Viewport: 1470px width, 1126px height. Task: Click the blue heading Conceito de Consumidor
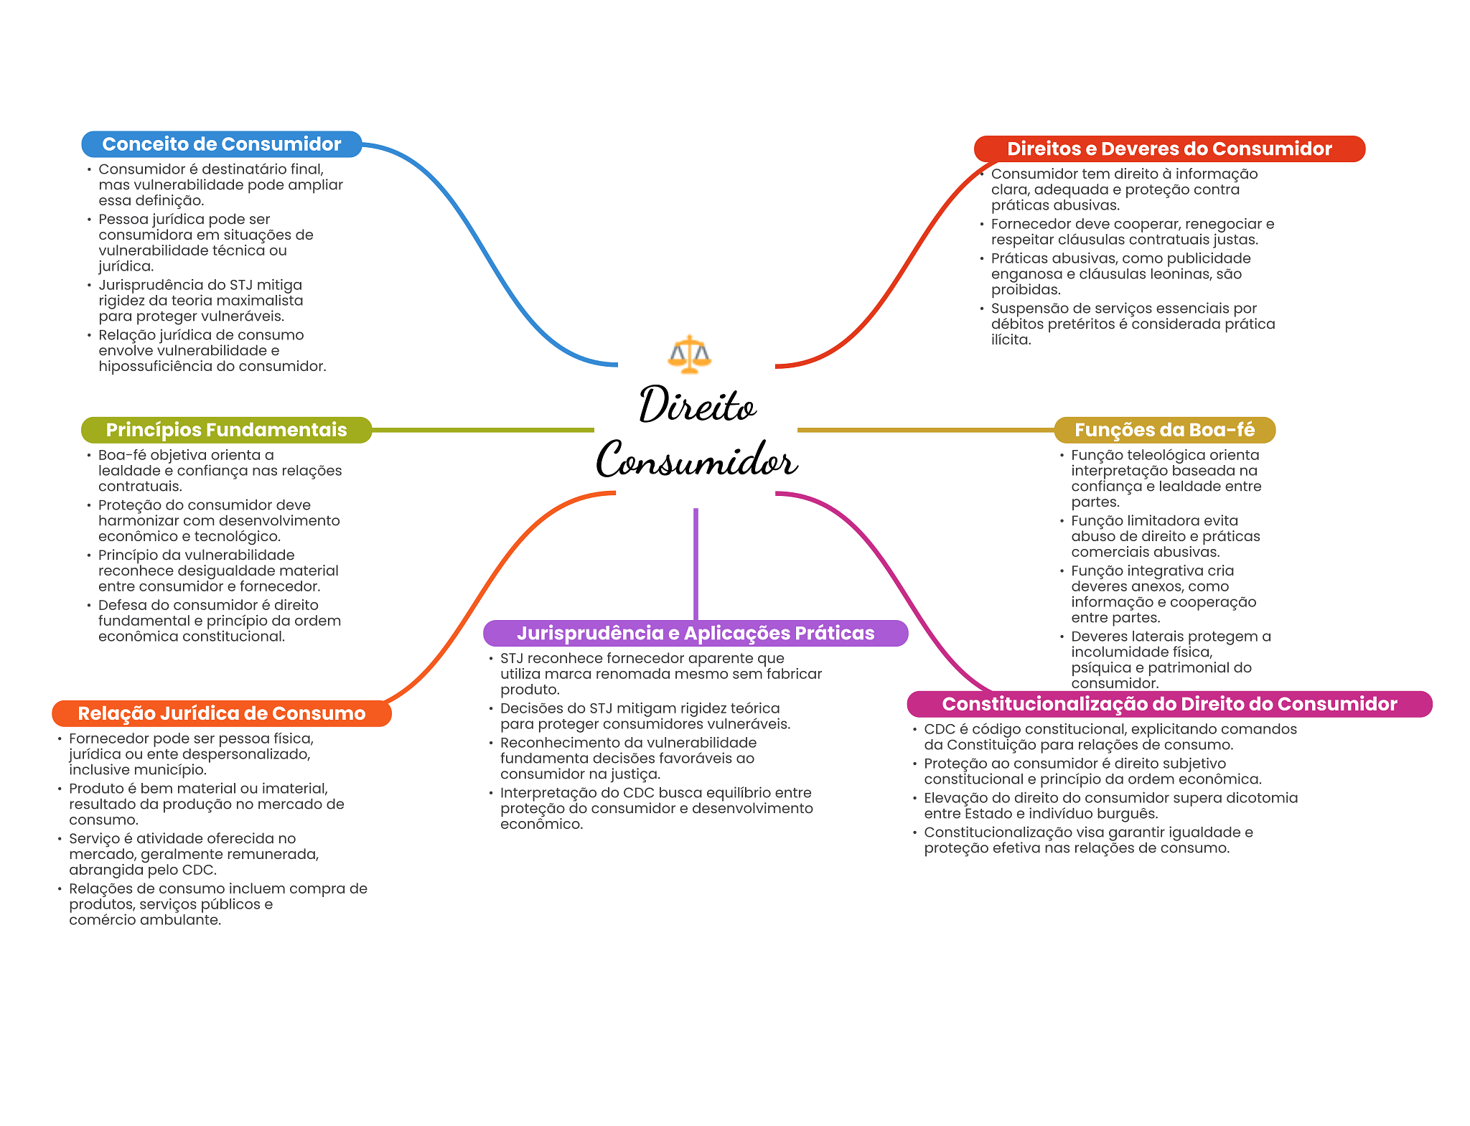click(x=221, y=144)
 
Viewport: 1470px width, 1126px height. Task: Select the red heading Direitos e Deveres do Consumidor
click(x=1169, y=149)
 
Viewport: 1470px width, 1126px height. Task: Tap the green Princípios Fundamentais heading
click(x=226, y=430)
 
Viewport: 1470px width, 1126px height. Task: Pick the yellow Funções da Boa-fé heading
click(x=1164, y=430)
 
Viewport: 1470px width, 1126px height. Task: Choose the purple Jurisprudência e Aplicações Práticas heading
click(x=696, y=633)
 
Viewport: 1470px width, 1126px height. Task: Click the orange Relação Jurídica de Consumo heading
click(x=221, y=713)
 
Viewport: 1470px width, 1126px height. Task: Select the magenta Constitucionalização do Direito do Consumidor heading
click(x=1169, y=704)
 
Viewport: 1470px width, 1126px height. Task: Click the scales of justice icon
click(x=689, y=354)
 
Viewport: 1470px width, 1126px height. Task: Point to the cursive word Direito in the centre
click(x=697, y=405)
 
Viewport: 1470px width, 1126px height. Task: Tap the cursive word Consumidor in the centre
click(x=696, y=460)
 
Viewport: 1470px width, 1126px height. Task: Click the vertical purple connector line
click(x=696, y=563)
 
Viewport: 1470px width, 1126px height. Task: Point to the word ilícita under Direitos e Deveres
click(x=1011, y=340)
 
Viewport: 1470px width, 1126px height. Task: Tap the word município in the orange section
click(x=174, y=770)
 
